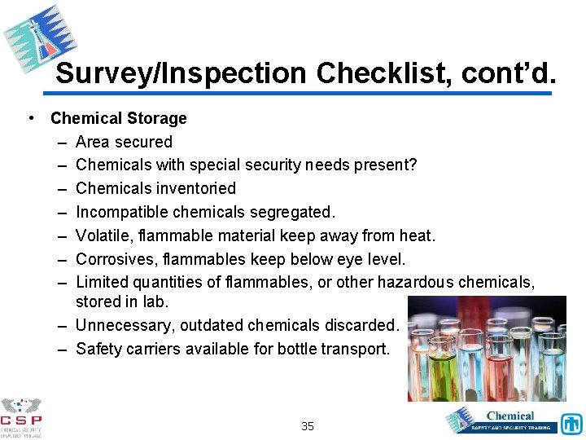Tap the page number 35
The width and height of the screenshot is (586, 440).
(308, 425)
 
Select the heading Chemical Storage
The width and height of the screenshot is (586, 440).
(119, 118)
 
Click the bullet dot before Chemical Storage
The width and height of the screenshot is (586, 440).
(30, 118)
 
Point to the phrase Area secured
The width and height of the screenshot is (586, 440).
(124, 142)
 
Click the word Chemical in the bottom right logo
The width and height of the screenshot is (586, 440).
(510, 416)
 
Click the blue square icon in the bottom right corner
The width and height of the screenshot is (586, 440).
(572, 424)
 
